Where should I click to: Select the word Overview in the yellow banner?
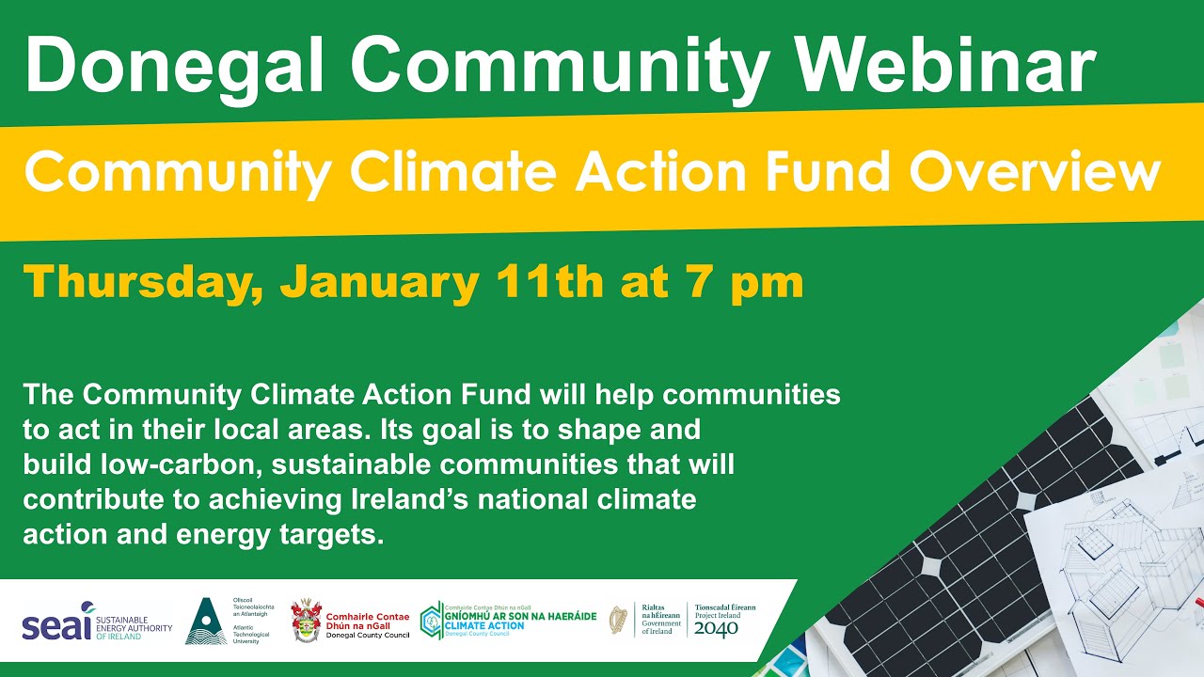1035,171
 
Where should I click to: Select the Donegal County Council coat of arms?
306,622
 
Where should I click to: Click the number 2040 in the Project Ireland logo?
716,629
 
